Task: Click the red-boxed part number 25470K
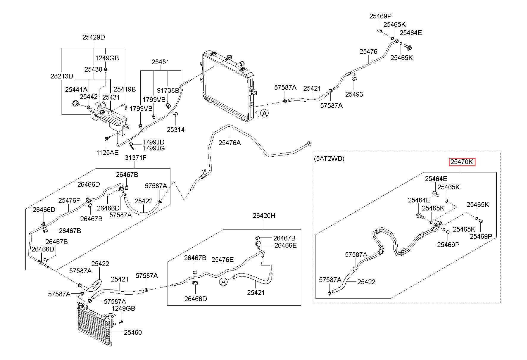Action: [462, 162]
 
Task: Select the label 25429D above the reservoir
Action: [94, 37]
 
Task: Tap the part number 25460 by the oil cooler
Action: [133, 332]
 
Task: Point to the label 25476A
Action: [230, 143]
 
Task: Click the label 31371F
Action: [135, 158]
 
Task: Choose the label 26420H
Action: [264, 216]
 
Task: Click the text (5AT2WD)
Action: [329, 159]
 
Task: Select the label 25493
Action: [354, 94]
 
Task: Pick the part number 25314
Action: [175, 130]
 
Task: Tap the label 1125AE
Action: [107, 153]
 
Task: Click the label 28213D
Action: [62, 76]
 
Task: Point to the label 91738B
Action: [168, 90]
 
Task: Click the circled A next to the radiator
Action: [264, 113]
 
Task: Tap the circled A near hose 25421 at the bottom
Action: [223, 282]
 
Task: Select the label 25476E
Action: [222, 260]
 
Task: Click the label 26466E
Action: [286, 245]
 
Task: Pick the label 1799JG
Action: [153, 148]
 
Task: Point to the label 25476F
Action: [69, 200]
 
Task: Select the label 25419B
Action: [125, 89]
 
